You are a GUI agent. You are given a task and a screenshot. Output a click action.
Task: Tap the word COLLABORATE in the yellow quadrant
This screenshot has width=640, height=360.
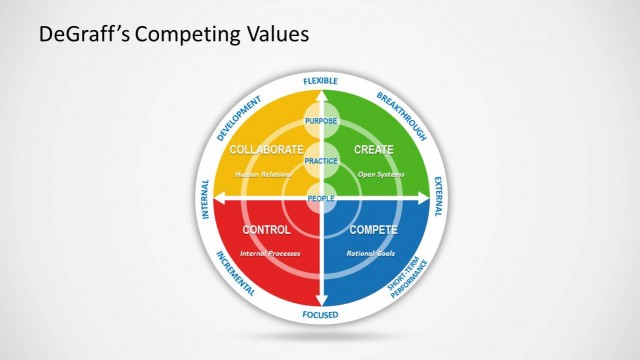pos(266,149)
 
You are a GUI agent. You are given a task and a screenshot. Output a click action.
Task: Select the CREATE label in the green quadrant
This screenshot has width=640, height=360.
pos(374,149)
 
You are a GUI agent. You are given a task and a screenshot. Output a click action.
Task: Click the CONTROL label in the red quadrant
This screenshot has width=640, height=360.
pos(267,230)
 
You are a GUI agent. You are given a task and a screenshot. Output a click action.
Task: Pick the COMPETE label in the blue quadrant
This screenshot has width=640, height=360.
pos(373,230)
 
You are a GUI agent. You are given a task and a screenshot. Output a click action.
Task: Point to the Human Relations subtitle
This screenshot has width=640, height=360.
pos(263,174)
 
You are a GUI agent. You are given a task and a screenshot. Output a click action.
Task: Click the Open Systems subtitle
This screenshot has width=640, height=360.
pos(380,174)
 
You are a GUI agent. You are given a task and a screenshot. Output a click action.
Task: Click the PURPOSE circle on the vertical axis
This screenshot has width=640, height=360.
pos(321,123)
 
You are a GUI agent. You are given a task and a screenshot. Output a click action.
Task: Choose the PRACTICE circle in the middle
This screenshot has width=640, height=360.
pos(321,160)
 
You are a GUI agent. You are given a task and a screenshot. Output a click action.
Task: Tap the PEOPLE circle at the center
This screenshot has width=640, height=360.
pos(321,197)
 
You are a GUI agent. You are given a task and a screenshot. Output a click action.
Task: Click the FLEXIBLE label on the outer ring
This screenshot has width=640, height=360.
pos(321,80)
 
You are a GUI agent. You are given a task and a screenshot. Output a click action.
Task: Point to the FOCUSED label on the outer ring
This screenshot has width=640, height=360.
pos(321,315)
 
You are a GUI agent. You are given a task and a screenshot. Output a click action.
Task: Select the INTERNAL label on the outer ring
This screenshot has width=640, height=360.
pos(206,197)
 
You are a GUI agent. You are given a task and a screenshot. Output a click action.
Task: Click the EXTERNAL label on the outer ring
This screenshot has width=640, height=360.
pos(436,197)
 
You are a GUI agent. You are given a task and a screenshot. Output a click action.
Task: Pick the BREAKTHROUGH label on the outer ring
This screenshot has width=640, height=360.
pos(402,115)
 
